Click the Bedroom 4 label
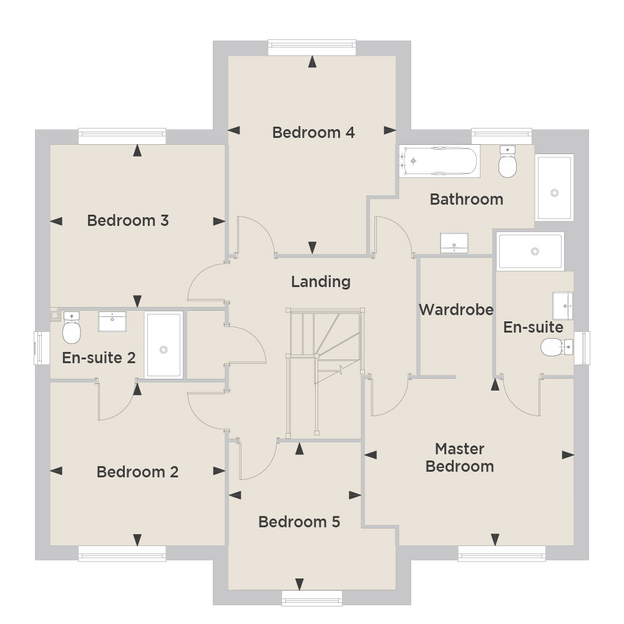pyautogui.click(x=313, y=132)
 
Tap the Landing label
pyautogui.click(x=321, y=282)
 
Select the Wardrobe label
pyautogui.click(x=456, y=310)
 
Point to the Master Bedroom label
pyautogui.click(x=460, y=457)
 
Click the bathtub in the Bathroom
pyautogui.click(x=439, y=161)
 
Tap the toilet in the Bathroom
pyautogui.click(x=507, y=161)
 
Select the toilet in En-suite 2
pyautogui.click(x=72, y=328)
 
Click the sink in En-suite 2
pyautogui.click(x=112, y=321)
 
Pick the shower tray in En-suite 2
pyautogui.click(x=163, y=345)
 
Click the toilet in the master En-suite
pyautogui.click(x=557, y=347)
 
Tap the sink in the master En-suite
pyautogui.click(x=563, y=306)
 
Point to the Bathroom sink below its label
pyautogui.click(x=454, y=243)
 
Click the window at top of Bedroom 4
pyautogui.click(x=312, y=47)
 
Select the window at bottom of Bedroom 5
pyautogui.click(x=312, y=598)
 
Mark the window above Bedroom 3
pyautogui.click(x=122, y=136)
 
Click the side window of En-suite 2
pyautogui.click(x=41, y=348)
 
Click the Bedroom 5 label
pyautogui.click(x=300, y=522)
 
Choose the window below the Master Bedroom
pyautogui.click(x=502, y=553)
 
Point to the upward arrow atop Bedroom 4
pyautogui.click(x=313, y=62)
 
